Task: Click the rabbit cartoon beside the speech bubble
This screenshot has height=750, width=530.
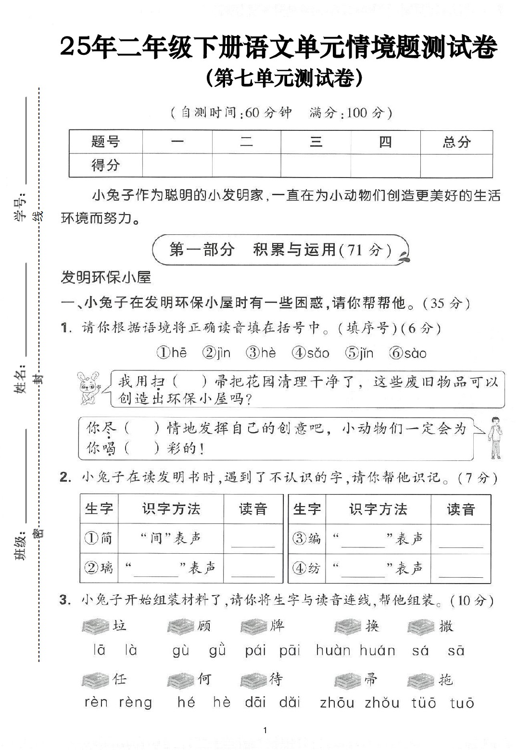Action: pos(89,387)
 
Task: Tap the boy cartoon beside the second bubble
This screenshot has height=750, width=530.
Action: pos(494,438)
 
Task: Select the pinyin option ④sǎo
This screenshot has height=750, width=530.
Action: pos(311,353)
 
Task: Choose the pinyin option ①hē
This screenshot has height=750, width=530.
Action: pos(171,353)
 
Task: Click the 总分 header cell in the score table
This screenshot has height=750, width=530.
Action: pos(456,142)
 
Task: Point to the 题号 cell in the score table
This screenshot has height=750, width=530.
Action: pos(105,142)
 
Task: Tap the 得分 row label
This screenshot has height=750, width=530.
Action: pos(105,165)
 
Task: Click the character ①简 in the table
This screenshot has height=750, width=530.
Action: pos(99,538)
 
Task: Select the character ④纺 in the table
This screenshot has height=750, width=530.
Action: pos(306,568)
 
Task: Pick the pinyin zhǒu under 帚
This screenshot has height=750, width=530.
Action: pos(382,702)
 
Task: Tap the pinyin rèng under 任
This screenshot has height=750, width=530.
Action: pos(135,702)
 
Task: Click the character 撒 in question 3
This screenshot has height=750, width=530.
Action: pos(446,626)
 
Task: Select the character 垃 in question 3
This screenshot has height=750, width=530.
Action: pos(119,625)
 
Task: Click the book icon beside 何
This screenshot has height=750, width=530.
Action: pos(181,680)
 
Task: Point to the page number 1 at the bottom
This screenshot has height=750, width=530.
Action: pos(265,730)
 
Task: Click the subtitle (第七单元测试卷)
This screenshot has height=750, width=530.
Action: pos(284,78)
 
